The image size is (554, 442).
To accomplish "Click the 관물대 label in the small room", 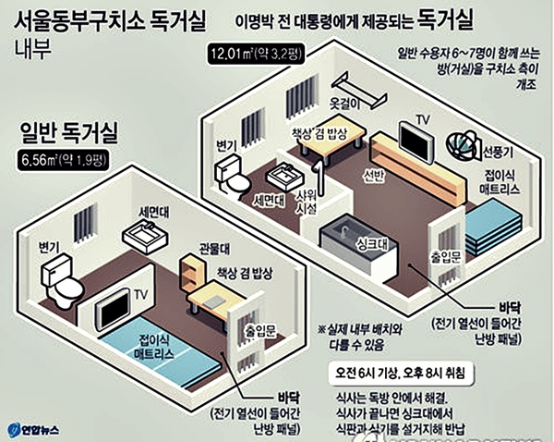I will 214,250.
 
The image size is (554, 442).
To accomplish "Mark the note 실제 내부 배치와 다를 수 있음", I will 368,336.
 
